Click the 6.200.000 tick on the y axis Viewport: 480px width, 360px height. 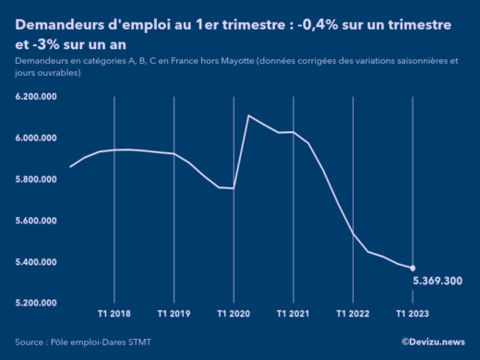pos(37,96)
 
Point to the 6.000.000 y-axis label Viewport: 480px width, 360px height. pos(37,138)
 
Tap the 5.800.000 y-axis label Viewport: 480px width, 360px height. pos(37,179)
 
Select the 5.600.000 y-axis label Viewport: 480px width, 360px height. pos(37,221)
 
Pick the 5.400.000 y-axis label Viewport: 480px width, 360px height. pos(37,262)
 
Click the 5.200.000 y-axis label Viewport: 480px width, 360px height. pos(37,303)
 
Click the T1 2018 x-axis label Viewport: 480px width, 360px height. pos(114,314)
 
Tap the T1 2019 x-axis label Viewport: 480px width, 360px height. pos(174,314)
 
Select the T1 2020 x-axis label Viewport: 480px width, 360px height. pos(234,314)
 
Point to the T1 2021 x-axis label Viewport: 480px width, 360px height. pos(294,314)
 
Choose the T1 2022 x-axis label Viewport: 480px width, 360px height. pos(353,314)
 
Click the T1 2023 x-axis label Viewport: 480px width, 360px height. pos(413,314)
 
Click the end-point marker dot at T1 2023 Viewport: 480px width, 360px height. pos(413,268)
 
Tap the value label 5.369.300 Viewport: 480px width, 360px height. pos(438,281)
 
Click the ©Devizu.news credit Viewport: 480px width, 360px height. pos(433,342)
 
